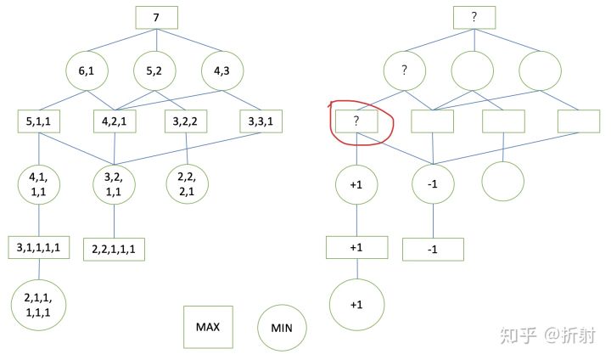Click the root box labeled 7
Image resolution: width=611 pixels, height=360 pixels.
156,18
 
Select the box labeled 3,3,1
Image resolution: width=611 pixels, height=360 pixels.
260,121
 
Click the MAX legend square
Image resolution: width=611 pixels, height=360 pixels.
208,327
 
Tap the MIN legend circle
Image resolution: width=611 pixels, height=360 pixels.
282,328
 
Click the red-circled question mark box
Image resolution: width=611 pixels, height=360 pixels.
357,122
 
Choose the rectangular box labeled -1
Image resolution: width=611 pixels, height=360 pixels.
433,249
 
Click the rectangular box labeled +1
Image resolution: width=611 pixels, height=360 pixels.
357,247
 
